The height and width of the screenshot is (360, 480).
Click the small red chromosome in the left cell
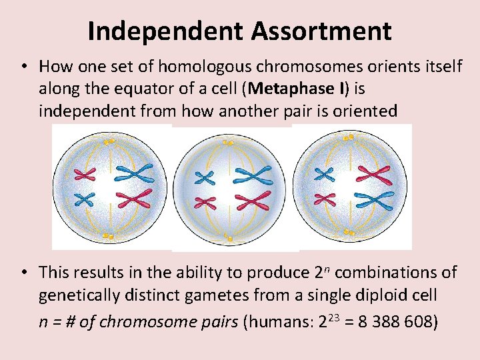pyautogui.click(x=85, y=174)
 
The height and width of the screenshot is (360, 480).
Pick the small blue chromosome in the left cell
pyautogui.click(x=85, y=198)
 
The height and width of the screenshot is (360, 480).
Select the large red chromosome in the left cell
pyautogui.click(x=135, y=199)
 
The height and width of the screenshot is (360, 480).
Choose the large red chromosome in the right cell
pyautogui.click(x=375, y=175)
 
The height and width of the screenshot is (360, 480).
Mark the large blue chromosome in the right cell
pyautogui.click(x=375, y=199)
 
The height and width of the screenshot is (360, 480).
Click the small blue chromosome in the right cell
pyautogui.click(x=325, y=174)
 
